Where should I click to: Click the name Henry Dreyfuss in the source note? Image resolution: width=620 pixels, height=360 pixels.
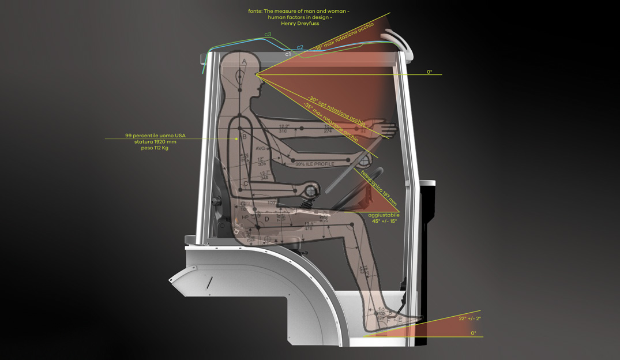(x=300, y=24)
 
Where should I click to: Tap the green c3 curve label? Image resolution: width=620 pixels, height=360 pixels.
(x=268, y=35)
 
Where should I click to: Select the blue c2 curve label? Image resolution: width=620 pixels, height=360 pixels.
(x=300, y=47)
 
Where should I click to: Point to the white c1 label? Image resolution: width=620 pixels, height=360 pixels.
(x=288, y=54)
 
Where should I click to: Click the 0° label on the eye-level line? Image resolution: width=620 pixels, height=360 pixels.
(x=429, y=72)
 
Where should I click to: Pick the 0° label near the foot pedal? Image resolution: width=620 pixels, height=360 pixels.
(x=474, y=333)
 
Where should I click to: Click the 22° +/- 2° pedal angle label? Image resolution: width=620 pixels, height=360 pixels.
(x=469, y=318)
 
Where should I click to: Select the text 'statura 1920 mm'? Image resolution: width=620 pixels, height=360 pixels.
(x=155, y=142)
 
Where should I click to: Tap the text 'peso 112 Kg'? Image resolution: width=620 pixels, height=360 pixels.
(x=155, y=148)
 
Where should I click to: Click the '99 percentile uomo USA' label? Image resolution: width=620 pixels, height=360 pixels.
(x=155, y=136)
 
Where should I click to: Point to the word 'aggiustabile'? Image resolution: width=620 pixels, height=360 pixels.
(x=384, y=215)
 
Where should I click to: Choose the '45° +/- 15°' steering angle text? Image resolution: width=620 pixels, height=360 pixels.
(x=384, y=222)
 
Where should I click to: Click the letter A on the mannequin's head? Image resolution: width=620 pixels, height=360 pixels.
(x=244, y=61)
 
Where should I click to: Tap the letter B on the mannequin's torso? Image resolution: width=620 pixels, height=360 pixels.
(x=245, y=137)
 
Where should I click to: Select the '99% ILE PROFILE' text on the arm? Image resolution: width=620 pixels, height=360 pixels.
(x=315, y=164)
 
